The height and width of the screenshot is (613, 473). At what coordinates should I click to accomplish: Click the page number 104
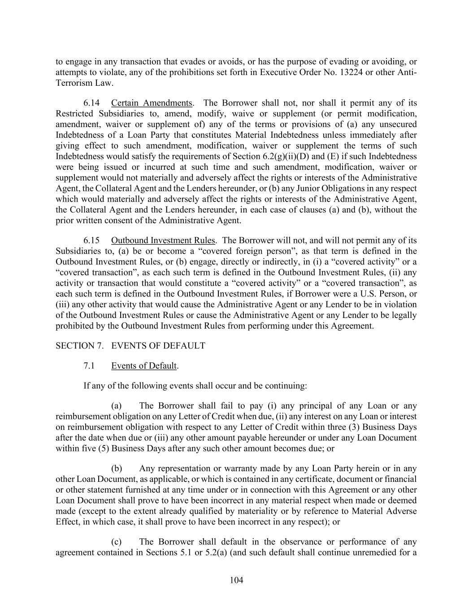tap(236, 580)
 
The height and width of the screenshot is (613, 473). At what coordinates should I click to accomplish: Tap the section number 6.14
tap(91, 103)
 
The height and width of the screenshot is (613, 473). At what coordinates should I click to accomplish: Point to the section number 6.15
tap(91, 240)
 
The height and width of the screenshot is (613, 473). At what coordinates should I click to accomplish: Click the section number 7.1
tap(89, 366)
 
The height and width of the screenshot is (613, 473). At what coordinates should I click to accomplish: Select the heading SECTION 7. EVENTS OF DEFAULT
tap(130, 345)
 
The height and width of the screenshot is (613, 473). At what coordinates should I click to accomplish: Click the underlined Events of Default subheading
tap(144, 366)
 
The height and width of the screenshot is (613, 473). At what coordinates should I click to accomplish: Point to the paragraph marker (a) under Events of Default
tap(117, 406)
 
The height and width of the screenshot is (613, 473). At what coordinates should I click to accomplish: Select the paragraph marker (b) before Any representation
tap(117, 468)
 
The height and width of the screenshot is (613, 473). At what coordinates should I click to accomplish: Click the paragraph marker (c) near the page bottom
tap(117, 542)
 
